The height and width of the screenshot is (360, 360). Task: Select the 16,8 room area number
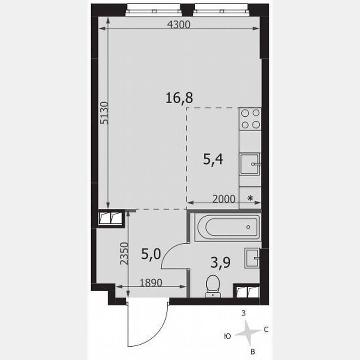pyautogui.click(x=179, y=98)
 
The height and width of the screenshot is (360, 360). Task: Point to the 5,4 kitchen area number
pyautogui.click(x=212, y=159)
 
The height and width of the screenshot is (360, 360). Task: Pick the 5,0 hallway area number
pyautogui.click(x=151, y=254)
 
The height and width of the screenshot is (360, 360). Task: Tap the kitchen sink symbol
pyautogui.click(x=250, y=164)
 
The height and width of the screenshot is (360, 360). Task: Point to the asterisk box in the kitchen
pyautogui.click(x=250, y=198)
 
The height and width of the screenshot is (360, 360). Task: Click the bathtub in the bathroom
pyautogui.click(x=227, y=227)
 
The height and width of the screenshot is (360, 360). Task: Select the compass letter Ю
pyautogui.click(x=227, y=335)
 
